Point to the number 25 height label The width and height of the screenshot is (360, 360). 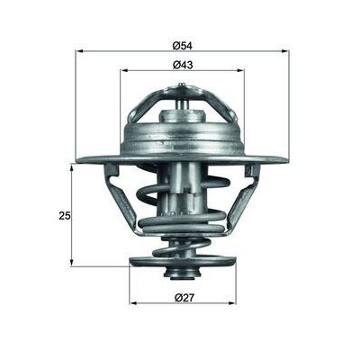64,215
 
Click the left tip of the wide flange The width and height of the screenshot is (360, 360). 79,160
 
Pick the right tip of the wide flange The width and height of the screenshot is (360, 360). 285,160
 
